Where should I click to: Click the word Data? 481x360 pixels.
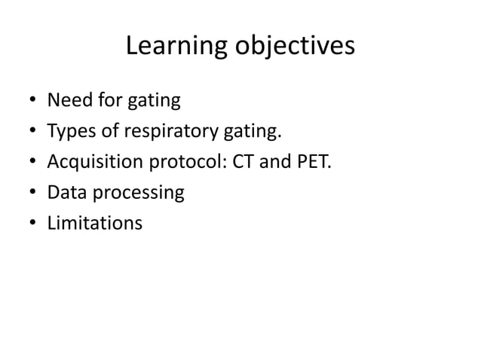click(x=65, y=193)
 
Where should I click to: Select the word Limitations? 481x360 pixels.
click(x=94, y=223)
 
